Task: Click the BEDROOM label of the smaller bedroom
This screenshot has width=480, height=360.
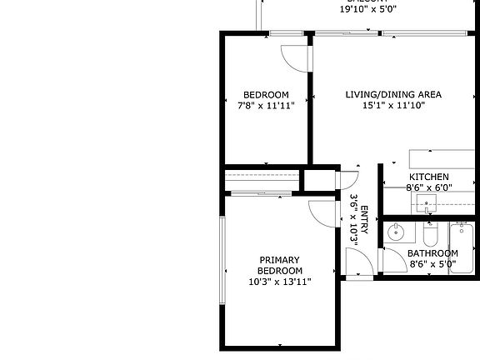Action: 266,94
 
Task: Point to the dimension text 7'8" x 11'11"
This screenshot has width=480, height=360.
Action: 266,106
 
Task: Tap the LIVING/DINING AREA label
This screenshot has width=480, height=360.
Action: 393,94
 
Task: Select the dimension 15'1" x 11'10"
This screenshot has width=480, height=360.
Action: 393,106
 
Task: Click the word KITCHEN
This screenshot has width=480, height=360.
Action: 429,177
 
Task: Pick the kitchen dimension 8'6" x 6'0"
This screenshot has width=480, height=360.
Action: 429,188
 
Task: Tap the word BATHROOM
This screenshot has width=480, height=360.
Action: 432,254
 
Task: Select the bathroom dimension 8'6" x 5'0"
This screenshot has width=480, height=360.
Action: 432,265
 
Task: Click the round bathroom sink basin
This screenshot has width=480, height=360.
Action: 397,231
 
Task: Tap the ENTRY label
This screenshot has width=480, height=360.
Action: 364,213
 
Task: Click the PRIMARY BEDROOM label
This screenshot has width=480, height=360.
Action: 279,265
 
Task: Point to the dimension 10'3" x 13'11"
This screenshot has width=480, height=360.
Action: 279,282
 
